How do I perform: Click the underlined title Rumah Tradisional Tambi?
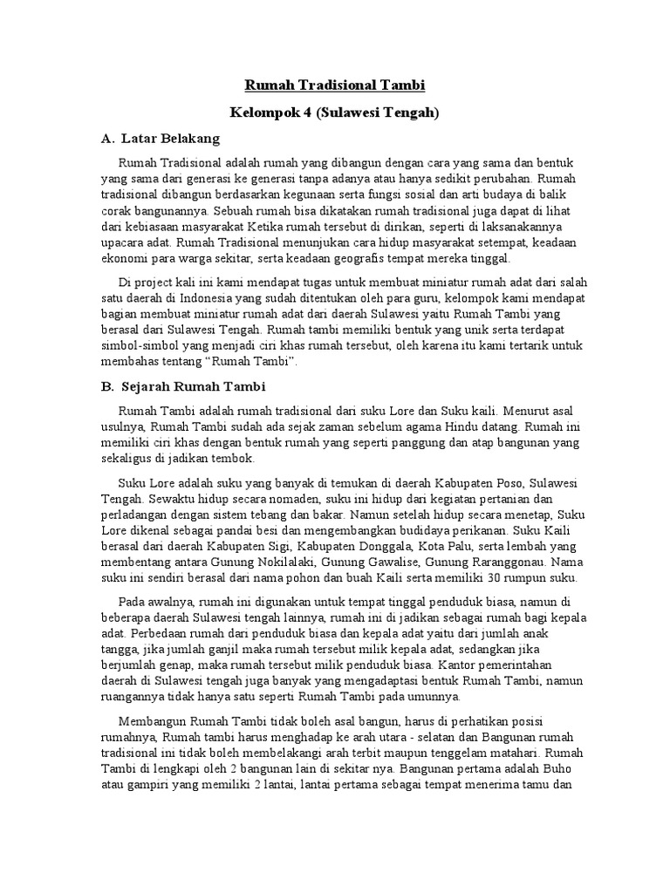click(x=335, y=85)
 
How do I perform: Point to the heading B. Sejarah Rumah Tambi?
click(x=183, y=385)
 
